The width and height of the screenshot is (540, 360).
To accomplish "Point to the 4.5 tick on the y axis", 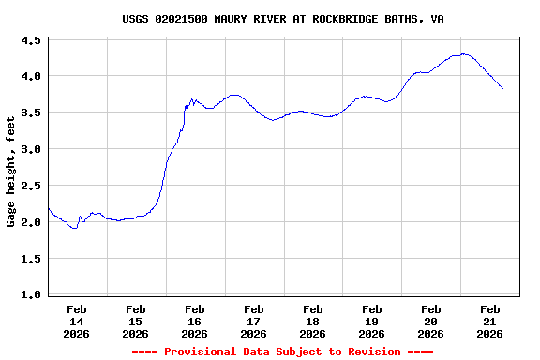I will click(30, 41).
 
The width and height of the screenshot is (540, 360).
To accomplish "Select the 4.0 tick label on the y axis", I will click(30, 77).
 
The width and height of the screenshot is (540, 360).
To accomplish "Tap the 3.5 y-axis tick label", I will click(30, 113).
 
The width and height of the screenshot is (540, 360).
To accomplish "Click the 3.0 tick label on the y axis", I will click(30, 150).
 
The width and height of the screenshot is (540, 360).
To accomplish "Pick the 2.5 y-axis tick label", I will click(30, 187).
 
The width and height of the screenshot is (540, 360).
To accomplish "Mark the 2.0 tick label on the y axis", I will click(30, 223).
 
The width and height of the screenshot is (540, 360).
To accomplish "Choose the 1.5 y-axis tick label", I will click(30, 260).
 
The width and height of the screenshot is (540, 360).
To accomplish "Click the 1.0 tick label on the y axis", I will click(30, 295).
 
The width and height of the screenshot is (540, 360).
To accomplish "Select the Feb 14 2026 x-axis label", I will click(77, 321).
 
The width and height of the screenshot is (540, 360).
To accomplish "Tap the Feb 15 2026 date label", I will click(136, 321).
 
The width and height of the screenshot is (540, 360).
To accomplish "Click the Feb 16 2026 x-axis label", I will click(195, 321).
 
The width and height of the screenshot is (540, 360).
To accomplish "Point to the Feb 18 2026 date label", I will click(313, 321).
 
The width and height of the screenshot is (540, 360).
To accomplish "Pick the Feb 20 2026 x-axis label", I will click(431, 321).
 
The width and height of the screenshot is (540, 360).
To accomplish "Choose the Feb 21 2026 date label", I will click(489, 321).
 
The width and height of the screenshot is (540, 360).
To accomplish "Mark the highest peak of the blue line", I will click(463, 53).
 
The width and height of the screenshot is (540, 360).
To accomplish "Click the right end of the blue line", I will click(503, 89).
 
